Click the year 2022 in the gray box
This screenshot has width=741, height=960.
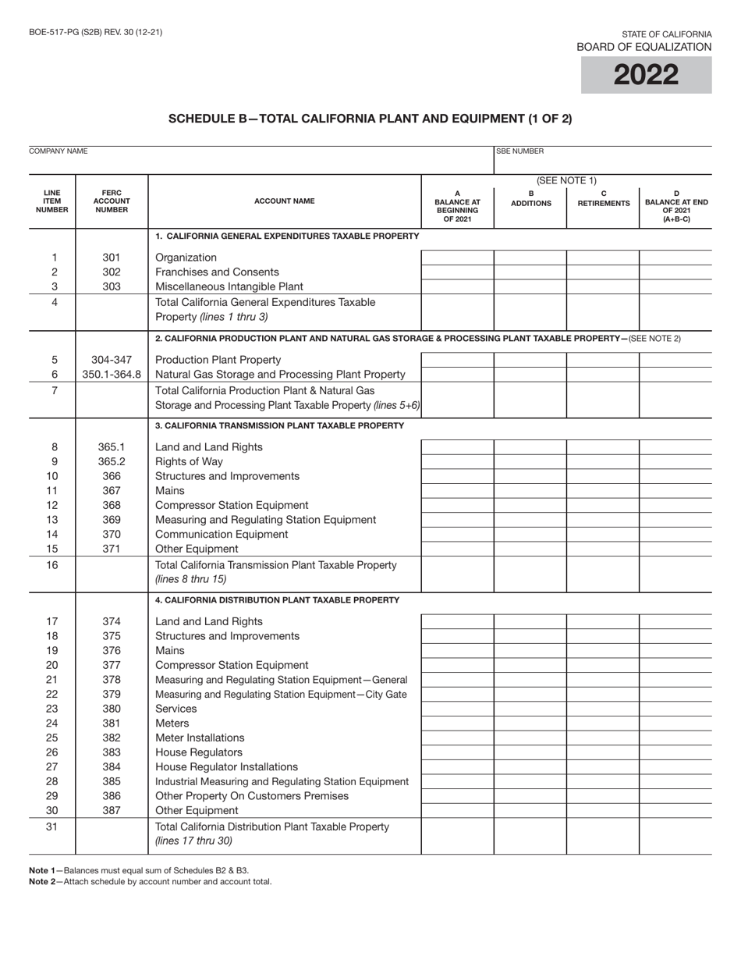tap(646, 75)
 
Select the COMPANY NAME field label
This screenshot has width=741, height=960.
tap(58, 151)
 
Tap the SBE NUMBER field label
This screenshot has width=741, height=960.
tap(520, 151)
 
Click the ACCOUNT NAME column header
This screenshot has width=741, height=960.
tap(285, 201)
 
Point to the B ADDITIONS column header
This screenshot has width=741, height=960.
tap(530, 199)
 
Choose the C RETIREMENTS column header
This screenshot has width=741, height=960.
tap(603, 199)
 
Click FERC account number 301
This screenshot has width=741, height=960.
tap(112, 258)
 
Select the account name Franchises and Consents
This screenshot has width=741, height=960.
tap(217, 272)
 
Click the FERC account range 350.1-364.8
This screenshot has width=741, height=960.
tap(112, 374)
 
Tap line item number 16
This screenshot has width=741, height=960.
tap(52, 564)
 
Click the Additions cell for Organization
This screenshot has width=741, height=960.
tap(530, 258)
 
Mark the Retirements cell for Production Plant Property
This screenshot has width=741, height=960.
tap(603, 360)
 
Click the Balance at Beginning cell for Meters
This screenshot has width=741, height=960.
tap(457, 724)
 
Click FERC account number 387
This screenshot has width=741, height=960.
tap(112, 810)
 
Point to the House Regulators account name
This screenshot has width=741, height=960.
tap(199, 752)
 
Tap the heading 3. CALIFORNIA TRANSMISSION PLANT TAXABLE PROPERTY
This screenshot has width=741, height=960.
tap(279, 425)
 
